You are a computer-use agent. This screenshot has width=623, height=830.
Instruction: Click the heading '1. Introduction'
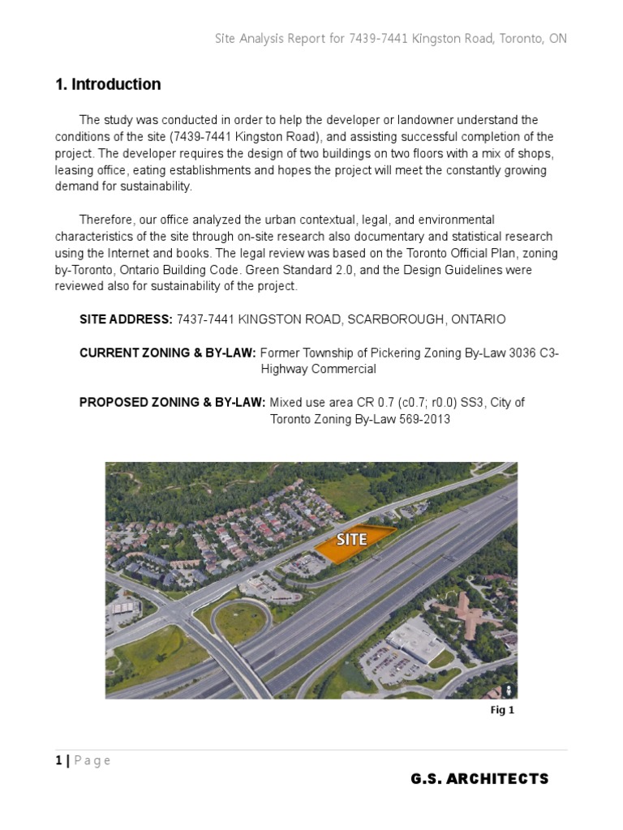coord(108,84)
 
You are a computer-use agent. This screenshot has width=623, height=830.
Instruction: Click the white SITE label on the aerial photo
coord(351,539)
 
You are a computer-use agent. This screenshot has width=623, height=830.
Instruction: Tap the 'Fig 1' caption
coord(502,710)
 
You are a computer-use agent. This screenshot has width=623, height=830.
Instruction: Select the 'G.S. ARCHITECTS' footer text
coord(479,779)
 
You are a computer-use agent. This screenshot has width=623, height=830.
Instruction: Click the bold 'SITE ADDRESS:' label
coord(126,319)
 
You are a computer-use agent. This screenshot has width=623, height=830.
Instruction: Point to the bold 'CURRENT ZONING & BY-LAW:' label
coord(167,353)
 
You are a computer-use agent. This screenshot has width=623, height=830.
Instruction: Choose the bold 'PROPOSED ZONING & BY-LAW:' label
coord(172,403)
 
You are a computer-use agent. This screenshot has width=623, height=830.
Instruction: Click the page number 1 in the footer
coord(58,760)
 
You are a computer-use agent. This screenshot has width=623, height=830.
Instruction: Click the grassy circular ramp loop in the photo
coord(241,619)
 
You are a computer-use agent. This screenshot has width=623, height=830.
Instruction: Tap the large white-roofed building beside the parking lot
coord(415,637)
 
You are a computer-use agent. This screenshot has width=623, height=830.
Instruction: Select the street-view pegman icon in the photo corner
coord(507,689)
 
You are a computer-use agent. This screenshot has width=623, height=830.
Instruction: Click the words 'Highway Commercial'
coord(318,369)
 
